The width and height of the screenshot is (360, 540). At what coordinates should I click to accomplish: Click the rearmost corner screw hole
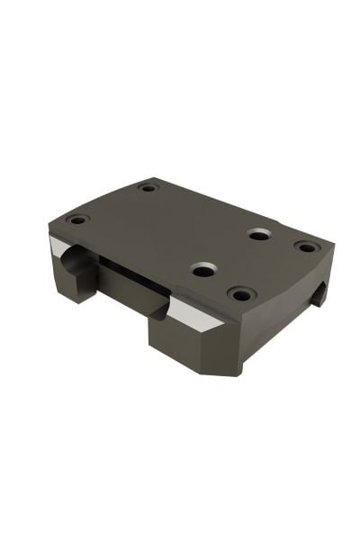click(148, 188)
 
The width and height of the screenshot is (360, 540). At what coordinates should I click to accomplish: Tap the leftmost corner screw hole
click(78, 219)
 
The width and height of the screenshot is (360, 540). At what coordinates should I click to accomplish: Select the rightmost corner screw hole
click(306, 246)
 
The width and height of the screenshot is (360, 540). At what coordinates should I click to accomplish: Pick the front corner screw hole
click(240, 293)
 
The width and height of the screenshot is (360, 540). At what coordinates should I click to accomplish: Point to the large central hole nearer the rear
click(259, 234)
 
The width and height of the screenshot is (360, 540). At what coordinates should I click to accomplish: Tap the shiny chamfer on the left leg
click(63, 249)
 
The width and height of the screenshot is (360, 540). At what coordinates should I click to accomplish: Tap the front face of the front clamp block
click(180, 342)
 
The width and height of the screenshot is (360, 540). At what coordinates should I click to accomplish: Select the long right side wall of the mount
click(288, 310)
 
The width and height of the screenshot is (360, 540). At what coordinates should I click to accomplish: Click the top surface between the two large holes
click(230, 252)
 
